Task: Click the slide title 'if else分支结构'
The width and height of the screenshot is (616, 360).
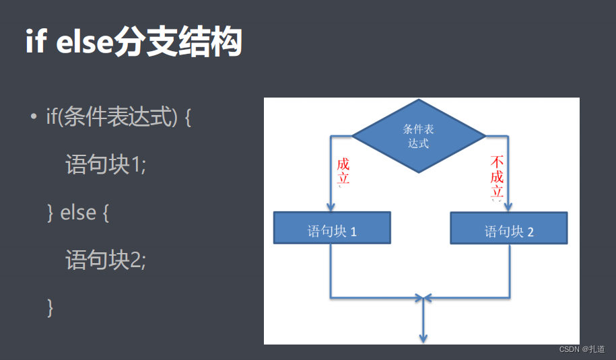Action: pos(133,42)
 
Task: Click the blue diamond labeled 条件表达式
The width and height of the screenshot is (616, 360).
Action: pos(419,136)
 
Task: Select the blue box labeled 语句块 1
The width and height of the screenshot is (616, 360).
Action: pos(332,228)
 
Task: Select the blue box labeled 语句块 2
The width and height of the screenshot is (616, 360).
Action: pos(509,229)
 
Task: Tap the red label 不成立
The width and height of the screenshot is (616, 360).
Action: pos(498,178)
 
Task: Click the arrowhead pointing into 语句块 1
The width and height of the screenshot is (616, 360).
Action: pos(331,207)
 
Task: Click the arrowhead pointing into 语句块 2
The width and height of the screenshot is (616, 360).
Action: pos(508,207)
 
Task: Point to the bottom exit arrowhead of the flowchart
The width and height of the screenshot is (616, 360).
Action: pos(423,336)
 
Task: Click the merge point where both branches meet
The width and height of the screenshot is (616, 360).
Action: pos(423,297)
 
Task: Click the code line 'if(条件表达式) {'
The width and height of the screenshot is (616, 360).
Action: pos(118,118)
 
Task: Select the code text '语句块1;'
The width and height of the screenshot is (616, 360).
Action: pos(106,165)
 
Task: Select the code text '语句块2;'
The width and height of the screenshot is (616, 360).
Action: pos(106,260)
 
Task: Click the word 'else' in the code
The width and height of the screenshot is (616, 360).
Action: pos(78,213)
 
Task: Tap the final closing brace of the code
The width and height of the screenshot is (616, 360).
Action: pos(50,307)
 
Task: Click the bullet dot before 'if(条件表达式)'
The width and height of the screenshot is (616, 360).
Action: pos(32,118)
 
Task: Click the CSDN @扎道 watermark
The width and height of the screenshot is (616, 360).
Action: pos(582,349)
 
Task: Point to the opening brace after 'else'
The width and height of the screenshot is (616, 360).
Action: pos(105,213)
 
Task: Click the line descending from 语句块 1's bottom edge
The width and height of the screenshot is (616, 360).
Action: pos(331,269)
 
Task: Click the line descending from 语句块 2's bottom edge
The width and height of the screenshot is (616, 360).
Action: pos(509,269)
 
